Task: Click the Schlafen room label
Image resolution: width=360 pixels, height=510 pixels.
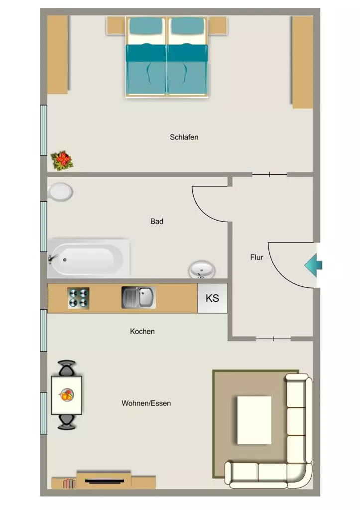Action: [184, 137]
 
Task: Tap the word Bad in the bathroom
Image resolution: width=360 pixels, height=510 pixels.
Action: [157, 222]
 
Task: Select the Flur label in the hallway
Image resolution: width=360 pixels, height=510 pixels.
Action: [256, 257]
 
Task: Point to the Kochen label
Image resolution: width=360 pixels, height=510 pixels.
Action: [142, 331]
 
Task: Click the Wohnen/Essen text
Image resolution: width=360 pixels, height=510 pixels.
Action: [146, 403]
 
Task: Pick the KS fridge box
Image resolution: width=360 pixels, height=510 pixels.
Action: [212, 298]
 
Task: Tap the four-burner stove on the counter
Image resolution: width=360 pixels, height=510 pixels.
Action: [79, 298]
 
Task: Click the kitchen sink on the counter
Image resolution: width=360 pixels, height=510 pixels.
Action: [138, 297]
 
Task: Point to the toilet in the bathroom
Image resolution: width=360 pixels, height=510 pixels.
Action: [60, 192]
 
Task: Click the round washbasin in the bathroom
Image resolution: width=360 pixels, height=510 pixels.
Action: [202, 269]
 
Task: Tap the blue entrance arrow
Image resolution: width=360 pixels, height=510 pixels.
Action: [313, 265]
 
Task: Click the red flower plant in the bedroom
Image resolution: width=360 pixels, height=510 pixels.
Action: [62, 160]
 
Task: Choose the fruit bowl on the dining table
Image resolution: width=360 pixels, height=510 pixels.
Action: [66, 395]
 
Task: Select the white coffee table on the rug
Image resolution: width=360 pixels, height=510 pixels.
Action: [254, 420]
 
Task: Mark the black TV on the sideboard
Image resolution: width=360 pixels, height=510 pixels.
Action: [105, 481]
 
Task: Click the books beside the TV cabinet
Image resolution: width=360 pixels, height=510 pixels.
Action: [69, 484]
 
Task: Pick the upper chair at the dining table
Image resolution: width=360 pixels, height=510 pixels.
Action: [67, 368]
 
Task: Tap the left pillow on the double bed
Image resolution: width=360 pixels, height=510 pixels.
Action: [146, 26]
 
